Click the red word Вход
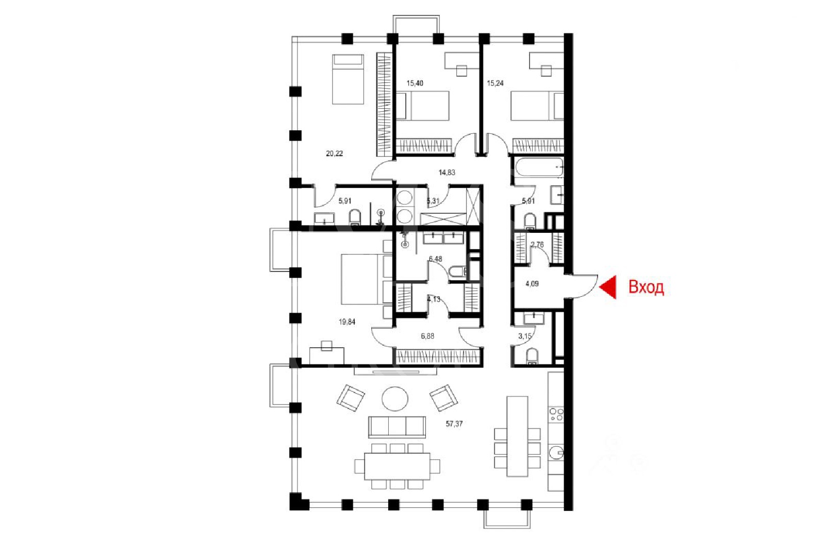(x=646, y=287)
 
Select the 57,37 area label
(x=454, y=423)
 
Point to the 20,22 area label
(x=334, y=153)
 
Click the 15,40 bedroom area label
(x=415, y=83)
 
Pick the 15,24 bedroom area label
(x=495, y=83)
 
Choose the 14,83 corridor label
(x=447, y=172)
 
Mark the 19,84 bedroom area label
(x=347, y=322)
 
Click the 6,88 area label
(x=427, y=336)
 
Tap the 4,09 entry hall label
(x=532, y=284)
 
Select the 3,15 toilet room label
(x=524, y=336)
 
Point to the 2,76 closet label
(x=537, y=244)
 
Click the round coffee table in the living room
(x=394, y=399)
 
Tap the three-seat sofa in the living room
(x=397, y=427)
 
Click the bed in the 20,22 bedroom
(x=348, y=79)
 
